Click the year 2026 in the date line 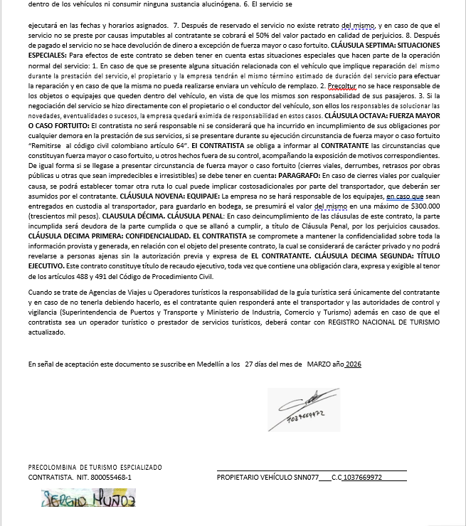point(354,364)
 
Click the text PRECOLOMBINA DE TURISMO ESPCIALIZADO point(95,468)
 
